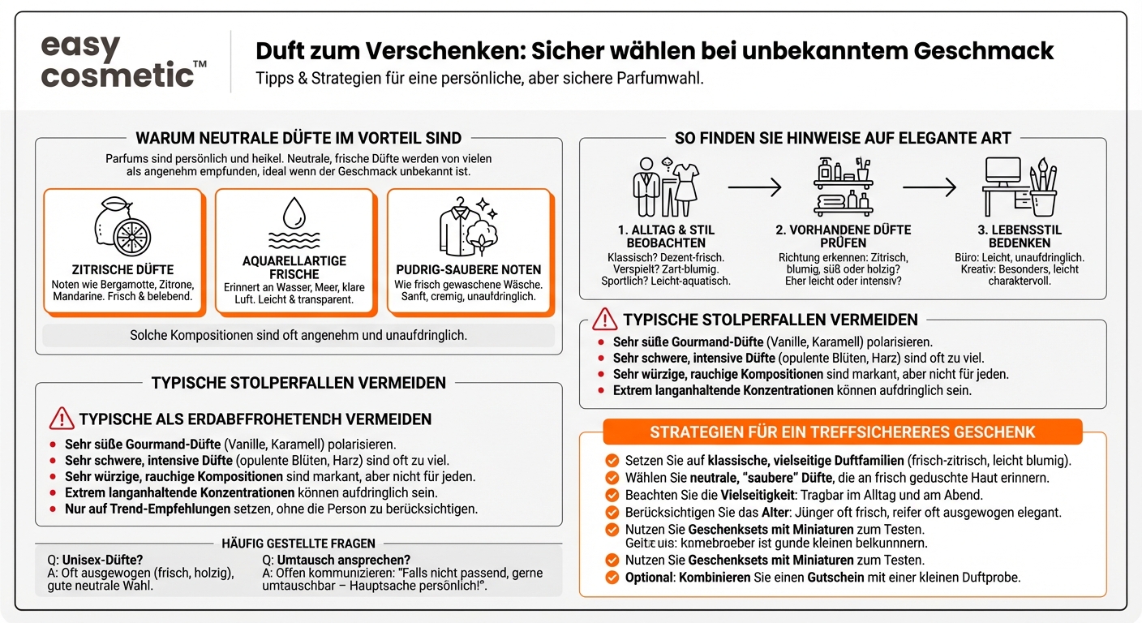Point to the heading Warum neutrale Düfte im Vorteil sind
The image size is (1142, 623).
click(298, 139)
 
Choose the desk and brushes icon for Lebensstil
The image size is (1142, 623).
click(1020, 187)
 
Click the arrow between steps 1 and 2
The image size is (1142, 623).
click(754, 187)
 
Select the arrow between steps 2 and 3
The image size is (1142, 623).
click(929, 187)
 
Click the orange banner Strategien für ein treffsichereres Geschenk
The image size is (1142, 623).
click(843, 432)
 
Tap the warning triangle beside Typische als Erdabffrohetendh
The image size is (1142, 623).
click(62, 419)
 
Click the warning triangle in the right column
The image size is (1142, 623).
click(605, 319)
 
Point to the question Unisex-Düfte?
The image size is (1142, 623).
click(95, 560)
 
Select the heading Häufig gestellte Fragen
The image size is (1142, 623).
click(298, 543)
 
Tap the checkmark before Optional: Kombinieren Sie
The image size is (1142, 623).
click(612, 578)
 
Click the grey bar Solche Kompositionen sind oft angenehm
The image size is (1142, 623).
click(298, 335)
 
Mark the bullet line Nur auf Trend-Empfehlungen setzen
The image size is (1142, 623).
click(271, 509)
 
